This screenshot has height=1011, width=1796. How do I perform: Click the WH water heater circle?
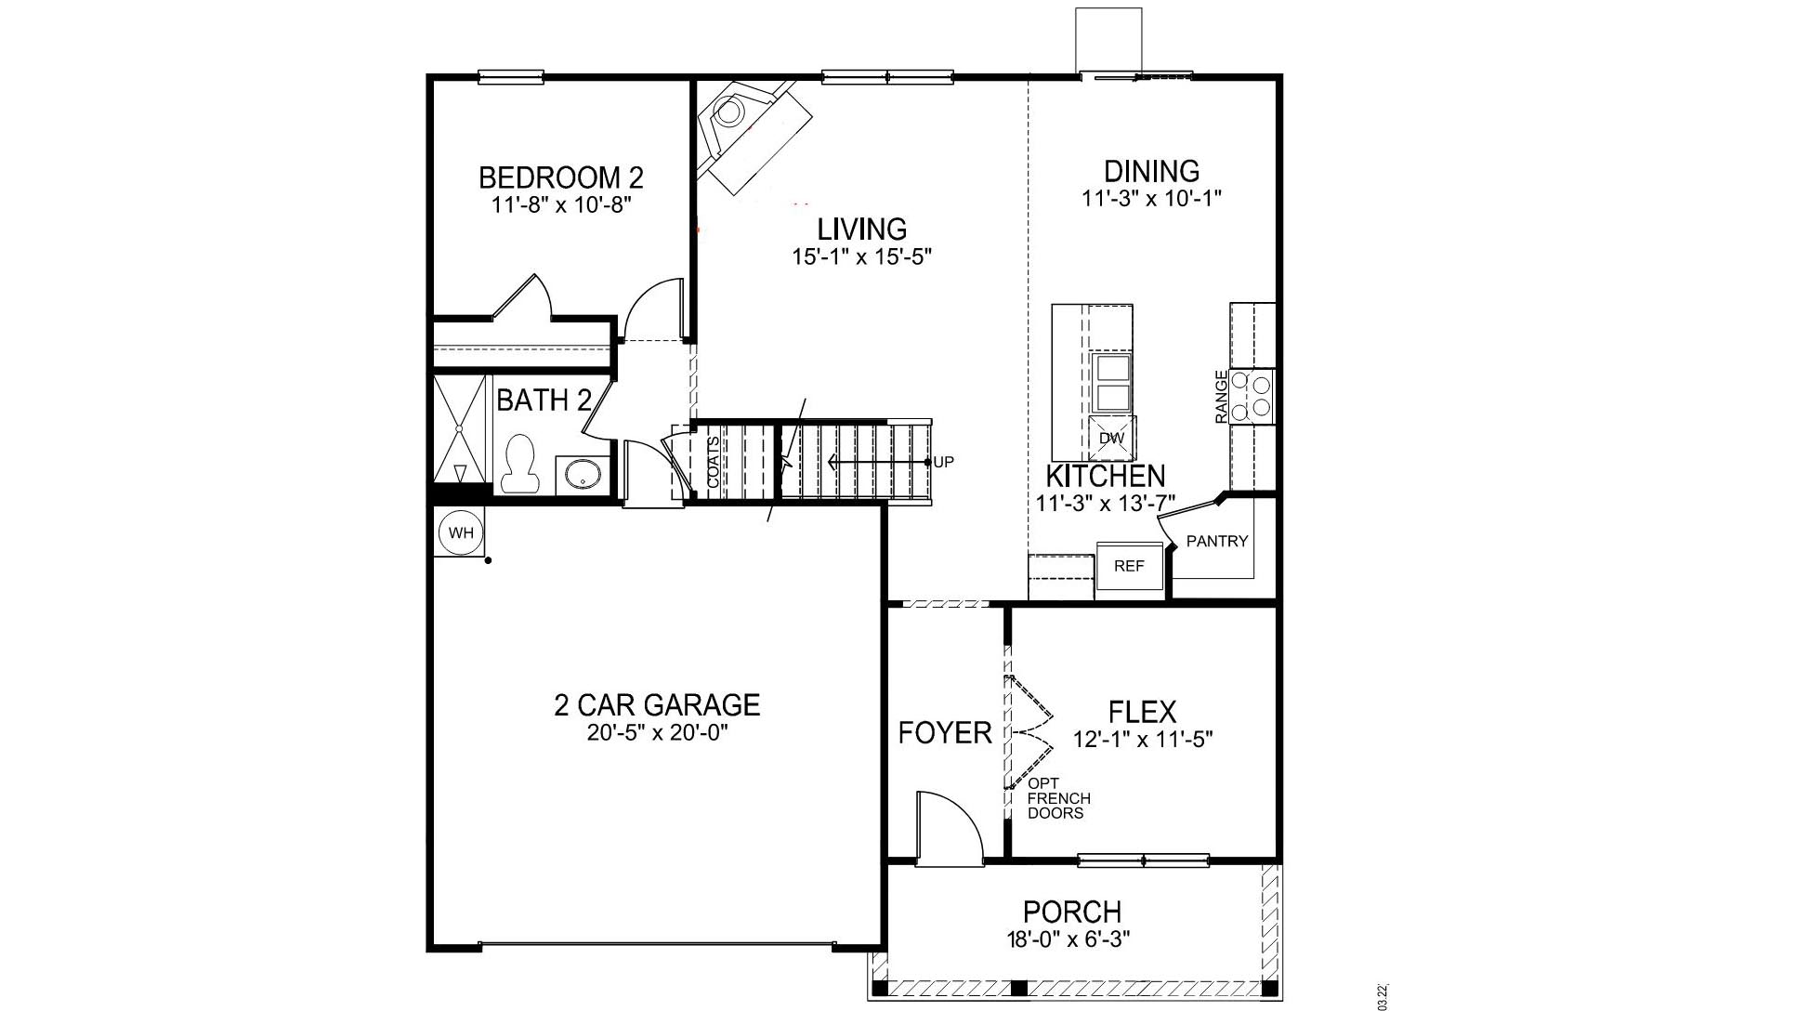[461, 532]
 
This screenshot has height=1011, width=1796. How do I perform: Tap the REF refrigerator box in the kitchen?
[1129, 565]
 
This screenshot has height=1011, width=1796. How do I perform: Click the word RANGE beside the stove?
[1221, 397]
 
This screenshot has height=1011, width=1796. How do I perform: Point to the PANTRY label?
[1216, 541]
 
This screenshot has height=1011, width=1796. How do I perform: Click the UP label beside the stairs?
[943, 462]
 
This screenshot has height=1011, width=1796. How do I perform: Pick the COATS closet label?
[713, 462]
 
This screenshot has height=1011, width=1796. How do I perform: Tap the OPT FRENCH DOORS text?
[1058, 798]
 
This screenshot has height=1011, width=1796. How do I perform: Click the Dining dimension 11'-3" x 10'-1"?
[1150, 198]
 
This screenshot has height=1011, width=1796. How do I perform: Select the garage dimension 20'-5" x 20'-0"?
[656, 732]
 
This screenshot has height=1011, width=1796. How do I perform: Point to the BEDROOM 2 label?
[560, 177]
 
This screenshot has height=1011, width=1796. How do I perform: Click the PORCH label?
[1071, 911]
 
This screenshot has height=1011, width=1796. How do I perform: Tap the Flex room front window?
[1143, 860]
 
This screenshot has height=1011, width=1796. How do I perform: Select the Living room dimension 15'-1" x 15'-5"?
[861, 256]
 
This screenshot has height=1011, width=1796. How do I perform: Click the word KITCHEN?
[1105, 476]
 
